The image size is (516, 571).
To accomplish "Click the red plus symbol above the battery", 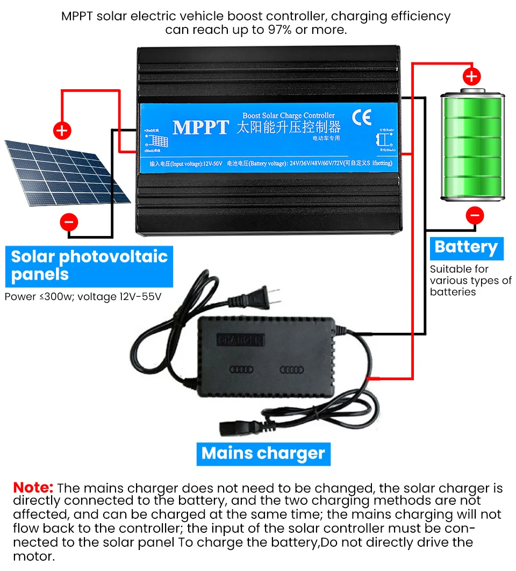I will pyautogui.click(x=471, y=76).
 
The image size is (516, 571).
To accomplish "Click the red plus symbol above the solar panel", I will pyautogui.click(x=62, y=130).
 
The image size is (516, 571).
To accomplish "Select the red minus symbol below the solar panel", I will pyautogui.click(x=69, y=222).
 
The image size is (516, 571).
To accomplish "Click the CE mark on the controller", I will pyautogui.click(x=358, y=117).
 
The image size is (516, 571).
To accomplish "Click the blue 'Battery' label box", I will pyautogui.click(x=466, y=247).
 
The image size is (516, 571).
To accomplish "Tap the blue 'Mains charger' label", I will pyautogui.click(x=263, y=453).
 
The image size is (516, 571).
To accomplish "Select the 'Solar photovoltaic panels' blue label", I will pyautogui.click(x=89, y=266).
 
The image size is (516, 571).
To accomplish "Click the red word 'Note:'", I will pyautogui.click(x=33, y=488).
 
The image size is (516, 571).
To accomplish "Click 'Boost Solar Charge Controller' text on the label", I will pyautogui.click(x=288, y=115).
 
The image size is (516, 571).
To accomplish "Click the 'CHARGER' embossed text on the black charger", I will pyautogui.click(x=240, y=340).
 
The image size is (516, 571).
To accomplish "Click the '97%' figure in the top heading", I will pyautogui.click(x=280, y=30).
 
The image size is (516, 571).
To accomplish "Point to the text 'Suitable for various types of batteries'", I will pyautogui.click(x=470, y=280).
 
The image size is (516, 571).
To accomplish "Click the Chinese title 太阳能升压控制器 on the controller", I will pyautogui.click(x=289, y=128).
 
